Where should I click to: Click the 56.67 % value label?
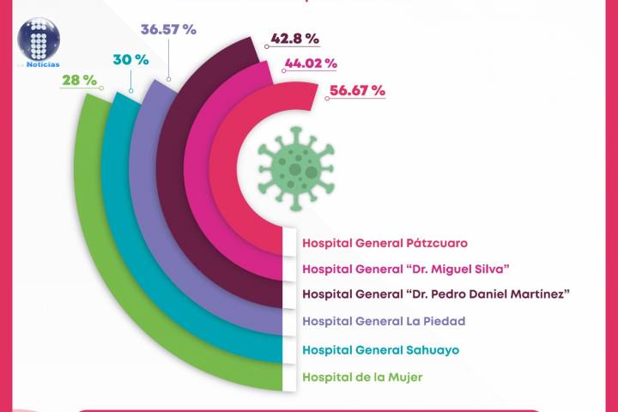point(356,91)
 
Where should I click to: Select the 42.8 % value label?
point(294,39)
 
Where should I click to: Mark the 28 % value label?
point(79,80)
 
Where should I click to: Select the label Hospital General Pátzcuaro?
point(372,243)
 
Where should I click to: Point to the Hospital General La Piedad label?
point(384,321)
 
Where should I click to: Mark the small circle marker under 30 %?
point(130,89)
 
